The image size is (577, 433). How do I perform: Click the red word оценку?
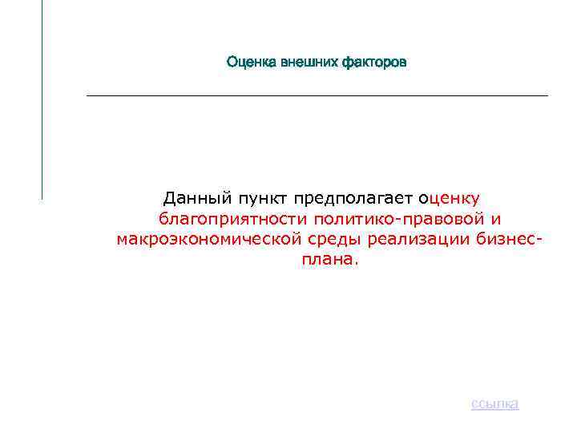[x=450, y=198]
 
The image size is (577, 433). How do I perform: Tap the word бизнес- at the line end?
[x=508, y=239]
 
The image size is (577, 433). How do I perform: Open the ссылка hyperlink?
[x=494, y=403]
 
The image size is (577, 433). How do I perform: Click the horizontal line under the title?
[x=317, y=96]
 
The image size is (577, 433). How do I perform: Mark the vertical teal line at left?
[x=42, y=96]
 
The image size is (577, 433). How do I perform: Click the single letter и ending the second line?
[x=495, y=219]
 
